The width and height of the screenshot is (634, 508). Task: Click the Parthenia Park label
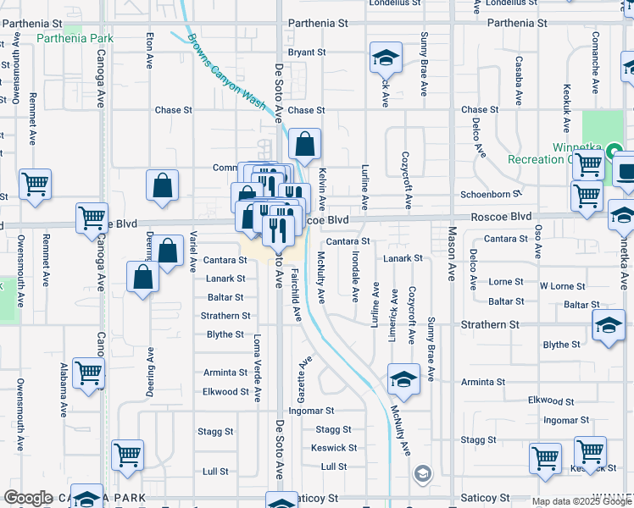coord(75,38)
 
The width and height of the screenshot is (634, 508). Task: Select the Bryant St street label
coord(307,52)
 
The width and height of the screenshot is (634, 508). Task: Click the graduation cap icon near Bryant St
coord(386,58)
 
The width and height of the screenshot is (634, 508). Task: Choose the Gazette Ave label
coord(300,373)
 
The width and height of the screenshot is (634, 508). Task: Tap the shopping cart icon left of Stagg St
coord(127,455)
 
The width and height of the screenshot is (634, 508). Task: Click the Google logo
coord(29,498)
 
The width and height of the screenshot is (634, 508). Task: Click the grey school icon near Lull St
coord(422,473)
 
